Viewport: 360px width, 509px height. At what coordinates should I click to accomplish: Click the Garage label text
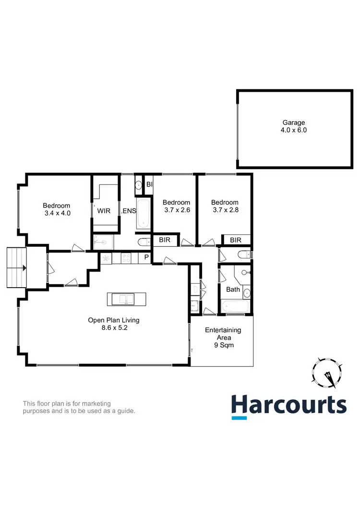pyautogui.click(x=293, y=122)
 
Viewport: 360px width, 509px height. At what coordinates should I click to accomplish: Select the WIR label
pyautogui.click(x=104, y=211)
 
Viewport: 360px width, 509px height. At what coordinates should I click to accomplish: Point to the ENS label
pyautogui.click(x=129, y=211)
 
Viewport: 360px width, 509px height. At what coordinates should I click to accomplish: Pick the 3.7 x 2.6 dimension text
pyautogui.click(x=176, y=210)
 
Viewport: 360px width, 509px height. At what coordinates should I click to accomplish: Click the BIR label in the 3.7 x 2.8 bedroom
pyautogui.click(x=235, y=240)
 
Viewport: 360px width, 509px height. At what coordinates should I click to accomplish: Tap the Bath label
pyautogui.click(x=233, y=290)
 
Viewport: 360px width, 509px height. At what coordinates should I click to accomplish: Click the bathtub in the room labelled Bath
pyautogui.click(x=235, y=306)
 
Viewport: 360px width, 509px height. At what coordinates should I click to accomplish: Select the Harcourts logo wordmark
pyautogui.click(x=288, y=405)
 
